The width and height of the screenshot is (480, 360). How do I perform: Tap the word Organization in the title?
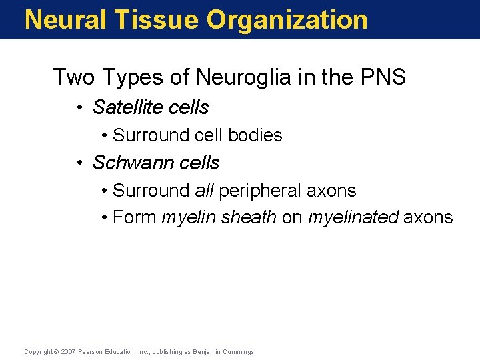coord(287,19)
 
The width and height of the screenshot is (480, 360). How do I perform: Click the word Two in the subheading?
coord(74,77)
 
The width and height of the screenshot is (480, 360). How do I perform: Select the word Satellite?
coord(132,107)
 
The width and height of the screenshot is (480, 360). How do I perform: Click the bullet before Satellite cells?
coord(79,108)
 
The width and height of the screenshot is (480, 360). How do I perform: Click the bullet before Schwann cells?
coord(79,163)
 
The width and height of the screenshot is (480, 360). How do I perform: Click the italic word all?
coord(204,191)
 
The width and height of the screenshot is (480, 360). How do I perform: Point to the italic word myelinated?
coord(353,218)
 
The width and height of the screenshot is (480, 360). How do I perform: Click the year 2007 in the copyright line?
coord(67,352)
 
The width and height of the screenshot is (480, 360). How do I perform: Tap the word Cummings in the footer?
coord(239,352)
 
